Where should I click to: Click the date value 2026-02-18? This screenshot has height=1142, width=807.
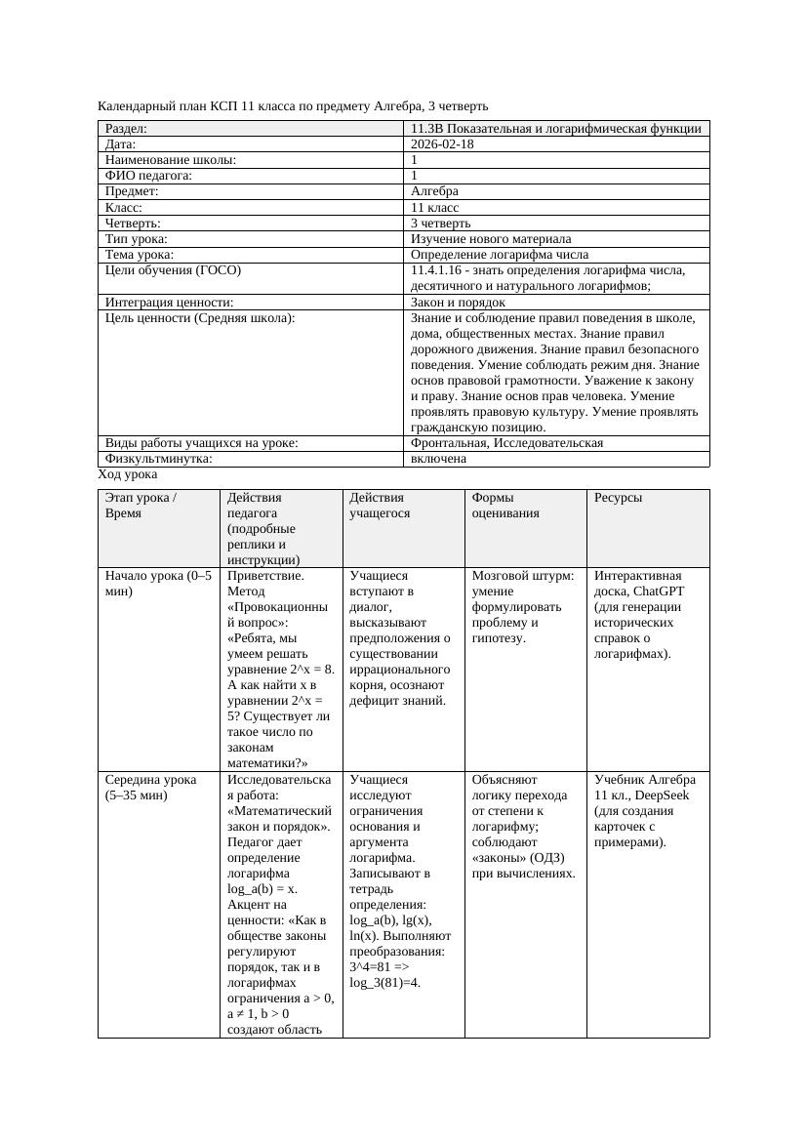tap(442, 144)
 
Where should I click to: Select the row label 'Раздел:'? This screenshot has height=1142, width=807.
tap(126, 129)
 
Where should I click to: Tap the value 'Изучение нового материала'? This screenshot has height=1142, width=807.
tap(491, 239)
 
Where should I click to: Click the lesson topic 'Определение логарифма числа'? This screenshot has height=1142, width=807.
tap(499, 255)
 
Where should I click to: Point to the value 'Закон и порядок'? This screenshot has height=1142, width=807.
tap(458, 303)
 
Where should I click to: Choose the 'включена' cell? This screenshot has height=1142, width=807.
tap(438, 459)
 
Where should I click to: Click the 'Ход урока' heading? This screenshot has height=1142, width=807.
tap(128, 474)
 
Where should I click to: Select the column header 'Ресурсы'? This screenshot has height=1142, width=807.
tap(618, 498)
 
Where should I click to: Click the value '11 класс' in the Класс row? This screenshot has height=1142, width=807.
tap(434, 208)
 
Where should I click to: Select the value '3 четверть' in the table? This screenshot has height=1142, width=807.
tap(440, 224)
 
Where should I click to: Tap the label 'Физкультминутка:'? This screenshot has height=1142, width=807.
tap(158, 459)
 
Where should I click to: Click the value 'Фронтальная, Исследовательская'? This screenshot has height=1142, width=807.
tap(506, 443)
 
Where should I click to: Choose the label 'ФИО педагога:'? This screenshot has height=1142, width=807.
tap(148, 176)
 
